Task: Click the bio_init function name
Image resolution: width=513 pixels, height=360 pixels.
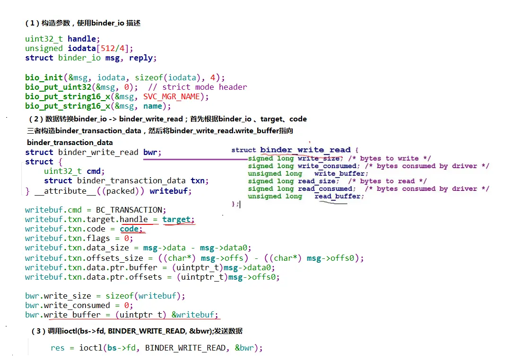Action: (x=44, y=77)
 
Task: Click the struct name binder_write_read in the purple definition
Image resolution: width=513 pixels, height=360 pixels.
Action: (x=305, y=150)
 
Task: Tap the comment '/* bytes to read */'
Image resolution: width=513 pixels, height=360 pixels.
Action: (x=387, y=181)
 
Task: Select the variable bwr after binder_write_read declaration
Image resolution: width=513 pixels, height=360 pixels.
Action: (x=152, y=153)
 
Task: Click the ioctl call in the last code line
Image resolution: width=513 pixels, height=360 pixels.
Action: (x=89, y=348)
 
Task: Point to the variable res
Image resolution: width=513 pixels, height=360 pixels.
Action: (x=57, y=348)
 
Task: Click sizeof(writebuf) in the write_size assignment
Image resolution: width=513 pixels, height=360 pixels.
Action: (x=145, y=296)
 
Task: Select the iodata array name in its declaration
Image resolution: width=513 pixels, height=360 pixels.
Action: (x=82, y=49)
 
